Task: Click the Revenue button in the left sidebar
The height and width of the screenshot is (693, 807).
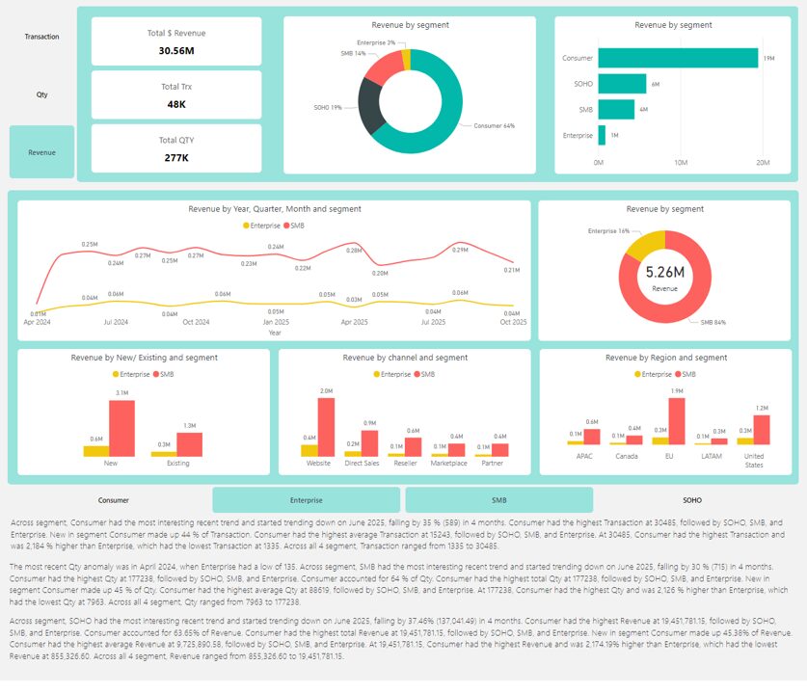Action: pyautogui.click(x=41, y=152)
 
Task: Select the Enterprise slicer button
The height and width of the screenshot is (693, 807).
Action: pyautogui.click(x=306, y=500)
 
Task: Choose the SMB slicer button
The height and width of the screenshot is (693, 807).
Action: pyautogui.click(x=498, y=500)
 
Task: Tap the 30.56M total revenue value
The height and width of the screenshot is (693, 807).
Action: pyautogui.click(x=176, y=50)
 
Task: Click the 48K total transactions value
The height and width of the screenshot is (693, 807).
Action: pyautogui.click(x=176, y=104)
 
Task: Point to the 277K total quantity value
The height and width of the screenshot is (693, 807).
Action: pyautogui.click(x=176, y=157)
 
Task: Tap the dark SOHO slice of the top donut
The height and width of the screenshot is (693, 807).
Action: pyautogui.click(x=369, y=106)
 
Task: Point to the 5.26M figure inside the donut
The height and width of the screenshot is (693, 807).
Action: pyautogui.click(x=664, y=273)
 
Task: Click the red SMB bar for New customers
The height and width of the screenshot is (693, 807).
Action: pyautogui.click(x=121, y=428)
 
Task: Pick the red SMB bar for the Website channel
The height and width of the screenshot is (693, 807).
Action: pyautogui.click(x=326, y=427)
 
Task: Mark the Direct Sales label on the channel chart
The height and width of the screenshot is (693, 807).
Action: pyautogui.click(x=362, y=463)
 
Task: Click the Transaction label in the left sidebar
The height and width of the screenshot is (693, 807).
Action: pyautogui.click(x=41, y=37)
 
